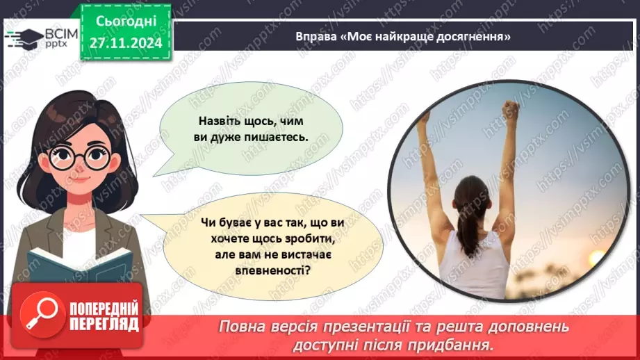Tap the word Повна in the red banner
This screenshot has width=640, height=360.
(x=243, y=325)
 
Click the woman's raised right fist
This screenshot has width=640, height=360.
(x=511, y=109)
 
